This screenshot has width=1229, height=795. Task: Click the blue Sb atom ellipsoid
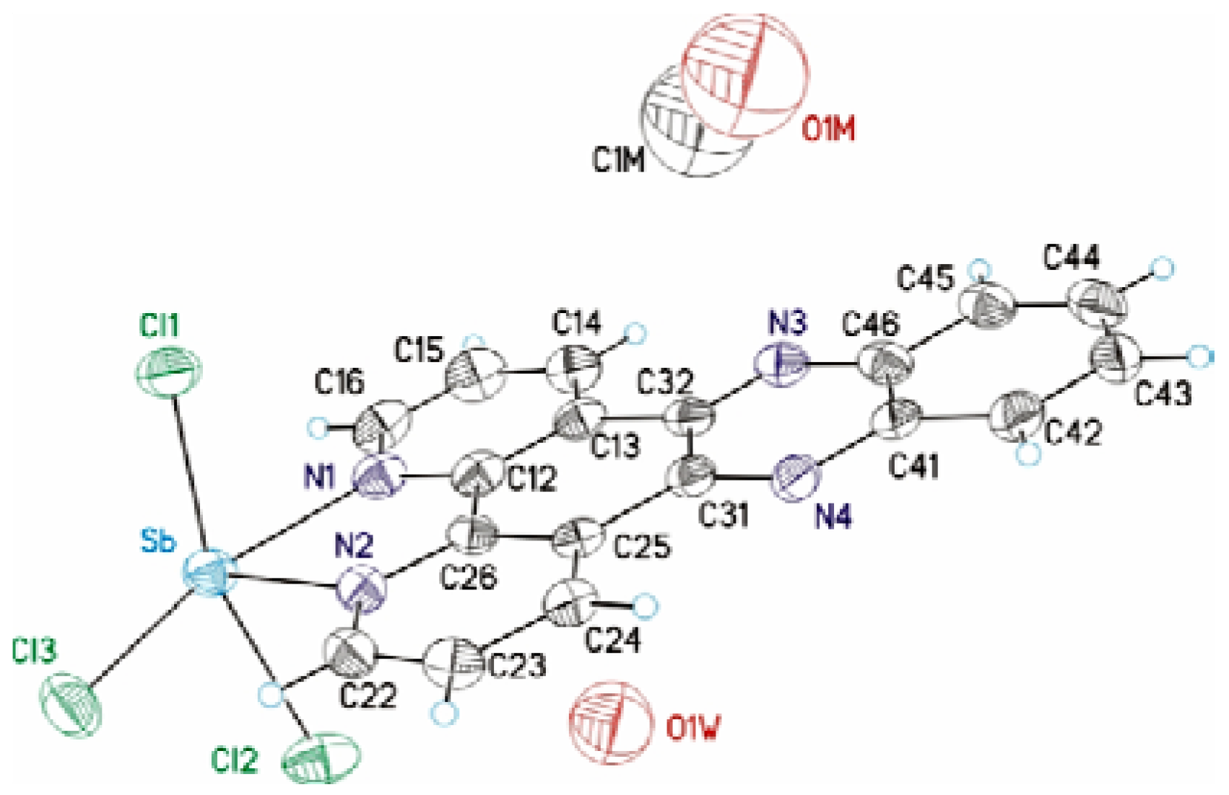coord(209,572)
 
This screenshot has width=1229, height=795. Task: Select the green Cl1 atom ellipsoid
coord(169,371)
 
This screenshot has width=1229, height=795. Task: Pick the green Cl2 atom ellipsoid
coord(320,757)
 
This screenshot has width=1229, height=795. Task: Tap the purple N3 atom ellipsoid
coord(781,364)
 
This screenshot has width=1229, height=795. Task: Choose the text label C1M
coord(619,160)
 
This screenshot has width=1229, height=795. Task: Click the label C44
coord(1072,258)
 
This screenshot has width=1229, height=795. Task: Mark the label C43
coord(1163,395)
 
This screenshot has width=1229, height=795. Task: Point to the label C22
coord(368,696)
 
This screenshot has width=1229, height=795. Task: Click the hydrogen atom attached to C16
coord(318,427)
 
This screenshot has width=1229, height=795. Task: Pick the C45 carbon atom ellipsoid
coord(986,308)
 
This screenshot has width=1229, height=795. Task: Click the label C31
coord(724,515)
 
